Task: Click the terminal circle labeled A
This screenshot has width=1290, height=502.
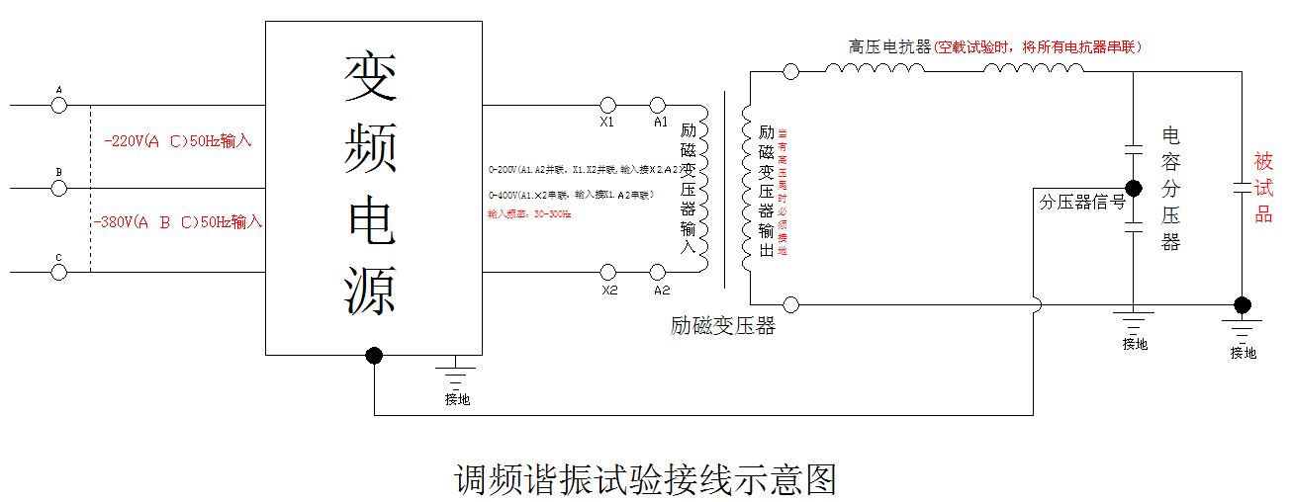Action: click(x=58, y=105)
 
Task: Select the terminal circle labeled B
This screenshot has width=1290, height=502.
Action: click(x=58, y=188)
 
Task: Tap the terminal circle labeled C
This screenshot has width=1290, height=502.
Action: click(x=58, y=272)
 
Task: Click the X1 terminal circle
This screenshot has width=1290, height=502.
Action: click(x=608, y=105)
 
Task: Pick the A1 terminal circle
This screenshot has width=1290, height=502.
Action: click(x=657, y=105)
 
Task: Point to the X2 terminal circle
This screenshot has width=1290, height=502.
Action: click(x=608, y=272)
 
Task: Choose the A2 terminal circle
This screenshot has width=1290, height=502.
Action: click(x=657, y=272)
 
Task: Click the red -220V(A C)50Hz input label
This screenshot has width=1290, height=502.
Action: click(x=178, y=141)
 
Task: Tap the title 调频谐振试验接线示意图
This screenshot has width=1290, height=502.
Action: click(x=645, y=479)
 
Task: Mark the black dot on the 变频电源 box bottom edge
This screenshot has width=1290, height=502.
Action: click(x=374, y=355)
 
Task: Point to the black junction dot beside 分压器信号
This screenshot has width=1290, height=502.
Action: click(x=1134, y=188)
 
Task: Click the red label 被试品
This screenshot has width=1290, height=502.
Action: click(x=1263, y=188)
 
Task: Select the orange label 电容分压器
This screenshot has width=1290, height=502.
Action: click(x=1171, y=188)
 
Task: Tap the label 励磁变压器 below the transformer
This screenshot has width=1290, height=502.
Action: click(x=722, y=326)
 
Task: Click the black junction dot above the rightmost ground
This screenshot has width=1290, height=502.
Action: click(x=1243, y=304)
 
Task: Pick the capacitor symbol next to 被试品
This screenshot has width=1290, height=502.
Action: click(x=1243, y=188)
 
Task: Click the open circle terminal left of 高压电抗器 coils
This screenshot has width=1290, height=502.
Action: click(x=790, y=71)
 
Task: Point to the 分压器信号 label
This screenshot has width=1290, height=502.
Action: click(x=1081, y=202)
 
